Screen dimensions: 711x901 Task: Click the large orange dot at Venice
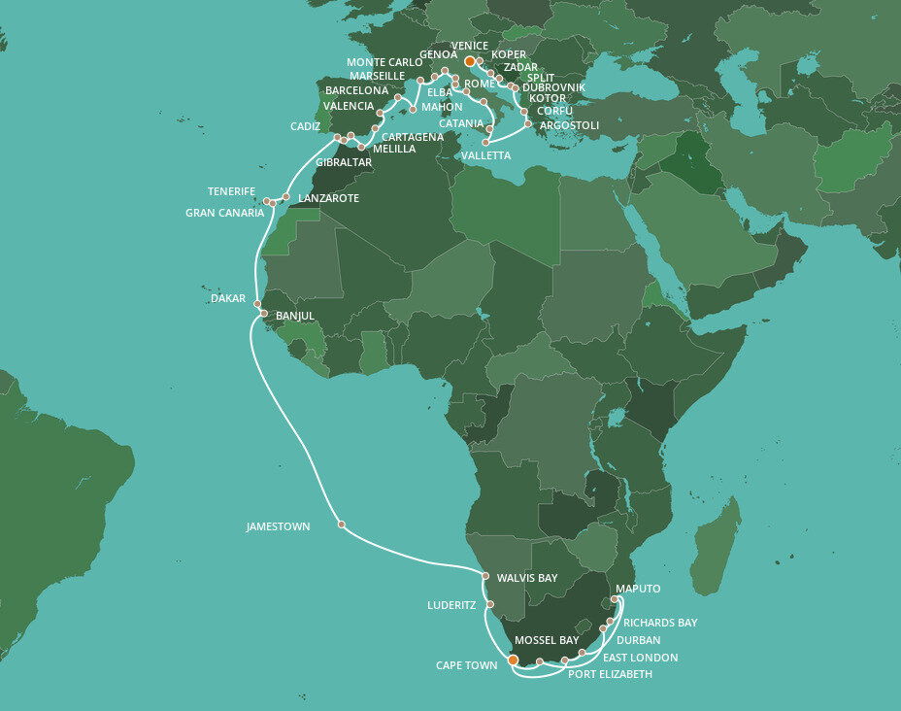(470, 61)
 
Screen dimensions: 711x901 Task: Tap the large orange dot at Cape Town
(513, 661)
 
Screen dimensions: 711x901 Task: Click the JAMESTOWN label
(278, 526)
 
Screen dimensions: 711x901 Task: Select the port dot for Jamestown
(342, 525)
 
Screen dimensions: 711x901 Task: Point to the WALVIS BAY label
(527, 578)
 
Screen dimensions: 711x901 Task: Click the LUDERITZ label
(451, 605)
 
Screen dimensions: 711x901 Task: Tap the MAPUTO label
(638, 589)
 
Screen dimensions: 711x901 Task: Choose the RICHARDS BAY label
(660, 623)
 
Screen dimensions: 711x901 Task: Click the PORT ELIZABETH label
(611, 674)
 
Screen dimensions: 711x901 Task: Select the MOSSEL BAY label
(547, 640)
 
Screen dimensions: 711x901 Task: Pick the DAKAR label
(228, 298)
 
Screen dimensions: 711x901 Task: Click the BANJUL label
(295, 317)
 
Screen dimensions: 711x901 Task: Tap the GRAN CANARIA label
(224, 213)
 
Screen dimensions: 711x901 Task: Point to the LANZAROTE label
(329, 198)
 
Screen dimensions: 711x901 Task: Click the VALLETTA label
(485, 155)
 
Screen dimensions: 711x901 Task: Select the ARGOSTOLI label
(569, 125)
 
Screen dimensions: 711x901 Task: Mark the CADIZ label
(305, 126)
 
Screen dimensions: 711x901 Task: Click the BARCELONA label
(356, 90)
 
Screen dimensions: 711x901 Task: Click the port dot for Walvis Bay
(485, 576)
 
